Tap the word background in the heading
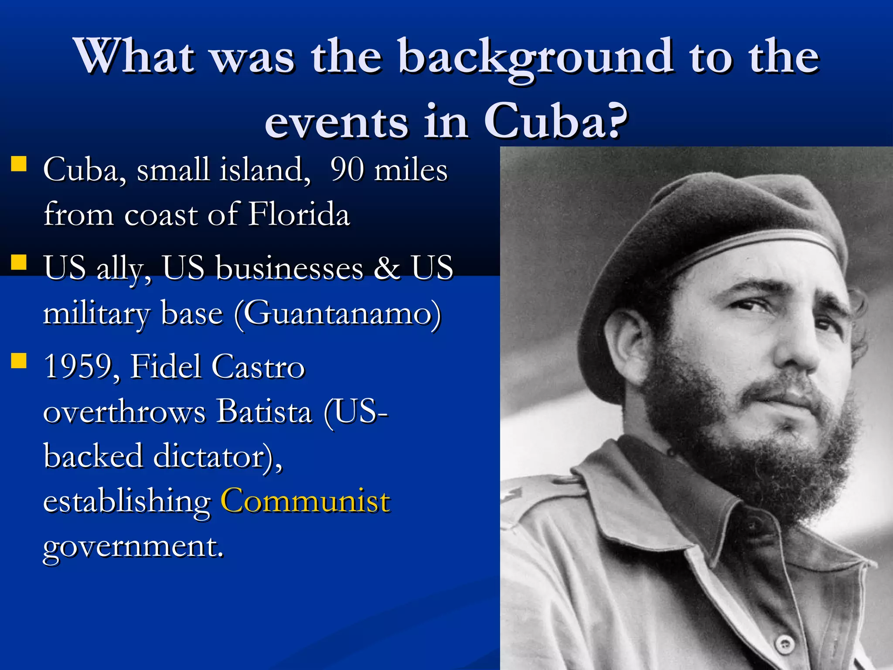[x=535, y=57]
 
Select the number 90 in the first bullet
[x=347, y=169]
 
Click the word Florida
[x=299, y=215]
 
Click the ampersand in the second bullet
[x=387, y=267]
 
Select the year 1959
[x=79, y=366]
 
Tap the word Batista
[x=265, y=411]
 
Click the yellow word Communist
[x=305, y=501]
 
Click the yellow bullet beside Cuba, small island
[x=19, y=164]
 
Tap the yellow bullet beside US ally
[x=19, y=263]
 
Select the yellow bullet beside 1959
[x=19, y=361]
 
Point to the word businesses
[x=290, y=267]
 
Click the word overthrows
[x=124, y=411]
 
